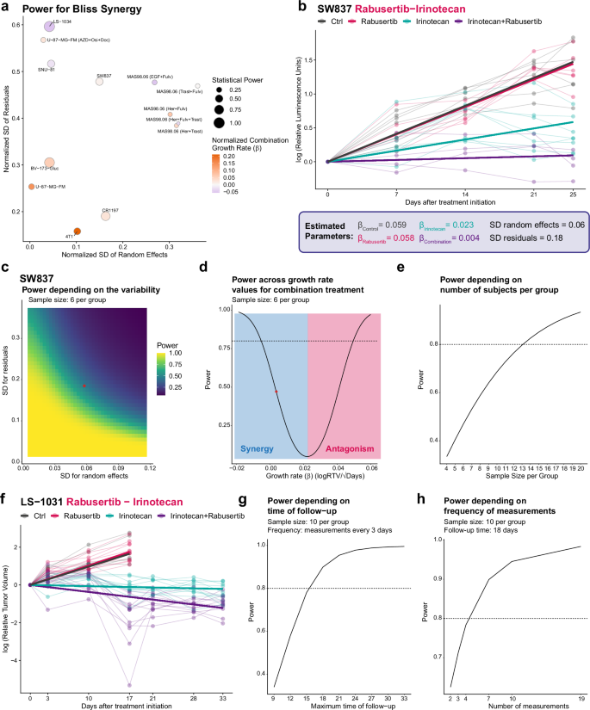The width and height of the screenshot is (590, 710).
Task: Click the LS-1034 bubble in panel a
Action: coord(49,27)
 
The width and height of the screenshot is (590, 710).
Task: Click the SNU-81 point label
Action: coord(47,70)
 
